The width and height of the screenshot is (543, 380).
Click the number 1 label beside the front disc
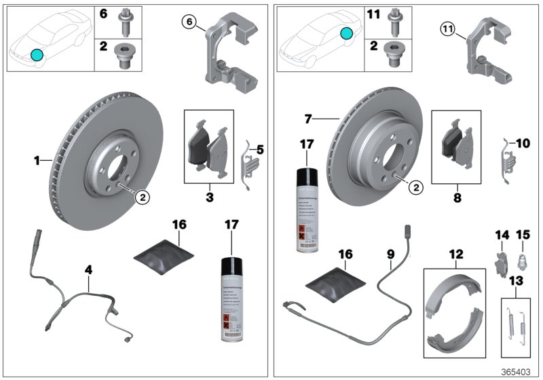37,161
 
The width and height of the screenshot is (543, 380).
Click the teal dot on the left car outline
37,54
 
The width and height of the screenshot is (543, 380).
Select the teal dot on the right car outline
347,33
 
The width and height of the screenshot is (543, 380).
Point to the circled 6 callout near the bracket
191,22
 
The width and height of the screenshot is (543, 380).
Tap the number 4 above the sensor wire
88,269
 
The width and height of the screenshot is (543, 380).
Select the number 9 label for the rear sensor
390,256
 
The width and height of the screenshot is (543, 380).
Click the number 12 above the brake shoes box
455,254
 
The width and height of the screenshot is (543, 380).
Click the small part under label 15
522,259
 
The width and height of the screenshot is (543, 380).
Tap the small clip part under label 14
501,262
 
